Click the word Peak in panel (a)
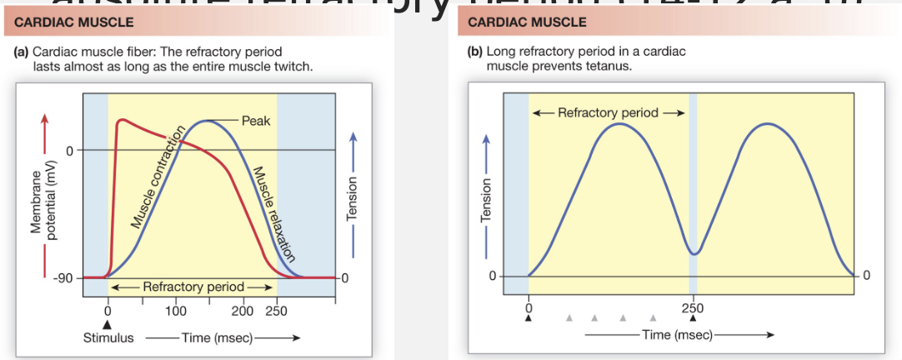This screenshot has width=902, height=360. (x=255, y=121)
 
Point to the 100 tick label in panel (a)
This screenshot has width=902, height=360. (x=175, y=311)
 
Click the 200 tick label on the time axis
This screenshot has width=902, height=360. (x=242, y=311)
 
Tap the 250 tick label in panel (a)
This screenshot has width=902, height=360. (x=276, y=311)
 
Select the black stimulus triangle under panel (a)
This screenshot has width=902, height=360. (x=107, y=324)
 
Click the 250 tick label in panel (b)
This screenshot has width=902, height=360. (x=692, y=307)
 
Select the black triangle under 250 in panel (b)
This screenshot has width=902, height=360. (x=692, y=317)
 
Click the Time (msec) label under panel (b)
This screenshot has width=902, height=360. (x=675, y=334)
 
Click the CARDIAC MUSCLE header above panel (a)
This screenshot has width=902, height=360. (x=68, y=21)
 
